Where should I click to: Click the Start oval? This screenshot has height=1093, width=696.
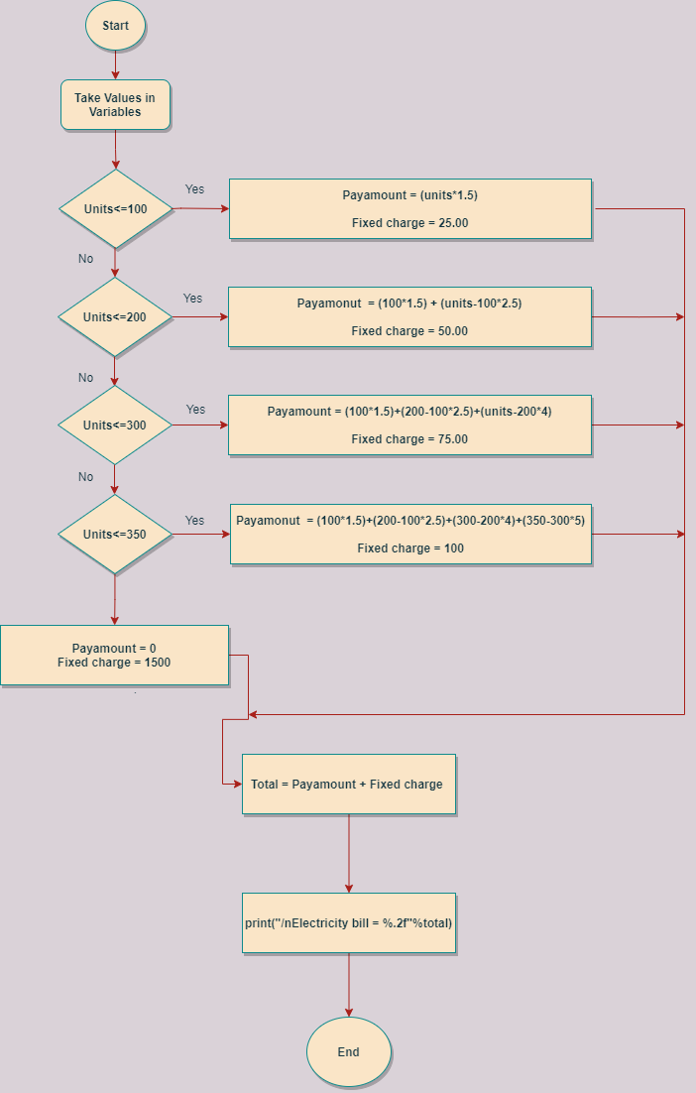116,26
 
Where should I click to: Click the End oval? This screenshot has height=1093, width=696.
348,1052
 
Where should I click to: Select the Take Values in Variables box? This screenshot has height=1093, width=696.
115,105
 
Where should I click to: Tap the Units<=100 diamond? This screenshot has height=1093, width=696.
115,209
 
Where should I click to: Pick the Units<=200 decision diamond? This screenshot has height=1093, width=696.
115,317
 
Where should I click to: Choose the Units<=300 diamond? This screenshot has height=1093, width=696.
115,425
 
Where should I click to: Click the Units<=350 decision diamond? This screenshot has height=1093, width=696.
115,535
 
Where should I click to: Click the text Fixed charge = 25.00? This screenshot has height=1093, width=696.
409,223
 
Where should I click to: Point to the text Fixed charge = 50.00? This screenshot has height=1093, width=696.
409,331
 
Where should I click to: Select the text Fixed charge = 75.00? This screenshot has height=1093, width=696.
409,439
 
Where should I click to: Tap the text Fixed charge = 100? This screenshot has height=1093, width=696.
410,548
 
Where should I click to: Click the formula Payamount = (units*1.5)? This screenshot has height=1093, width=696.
409,195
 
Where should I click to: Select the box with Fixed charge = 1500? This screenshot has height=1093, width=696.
114,656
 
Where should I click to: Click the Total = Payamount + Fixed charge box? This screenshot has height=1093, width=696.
348,785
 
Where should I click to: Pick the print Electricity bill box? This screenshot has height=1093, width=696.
348,923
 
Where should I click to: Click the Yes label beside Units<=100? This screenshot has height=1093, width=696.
194,189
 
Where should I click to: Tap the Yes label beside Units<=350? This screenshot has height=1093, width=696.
194,521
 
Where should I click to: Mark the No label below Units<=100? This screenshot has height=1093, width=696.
86,259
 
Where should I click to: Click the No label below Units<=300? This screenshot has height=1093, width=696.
86,477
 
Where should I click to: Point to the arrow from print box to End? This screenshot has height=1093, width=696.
349,985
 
